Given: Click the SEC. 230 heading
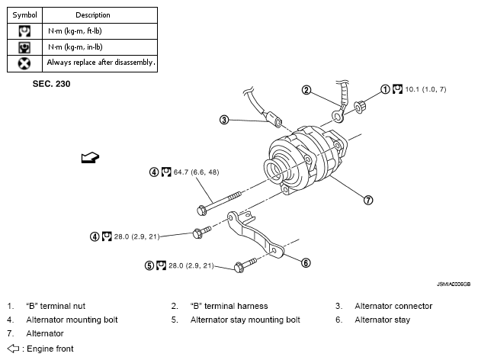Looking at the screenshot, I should pos(52,84).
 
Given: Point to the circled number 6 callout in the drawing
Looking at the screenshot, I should pos(306,263).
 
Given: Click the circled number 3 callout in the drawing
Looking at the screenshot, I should pos(224,120).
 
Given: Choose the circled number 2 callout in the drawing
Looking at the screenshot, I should pos(306,90).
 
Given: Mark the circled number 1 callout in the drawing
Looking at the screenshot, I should pos(386,89).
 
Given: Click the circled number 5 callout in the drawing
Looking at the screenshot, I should pos(149,265).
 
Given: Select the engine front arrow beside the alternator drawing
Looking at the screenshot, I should pos(89,157).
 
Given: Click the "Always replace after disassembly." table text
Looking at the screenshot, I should pos(101,63).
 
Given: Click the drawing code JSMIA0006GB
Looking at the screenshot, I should pos(454,282).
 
